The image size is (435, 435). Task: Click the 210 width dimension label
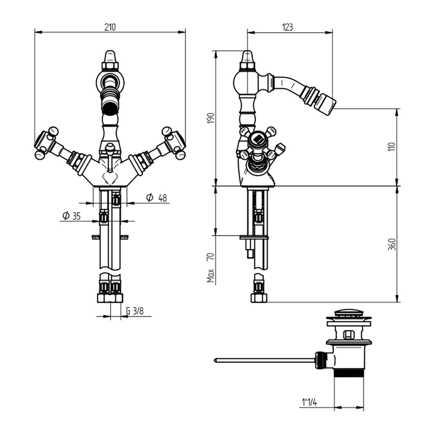coord(110,27)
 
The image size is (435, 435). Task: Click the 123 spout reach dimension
coord(288,27)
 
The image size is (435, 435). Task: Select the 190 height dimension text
coord(211,118)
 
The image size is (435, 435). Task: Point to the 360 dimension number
coord(391,244)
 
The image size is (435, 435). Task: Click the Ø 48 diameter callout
coord(157,198)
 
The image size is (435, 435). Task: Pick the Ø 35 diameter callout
coord(71,215)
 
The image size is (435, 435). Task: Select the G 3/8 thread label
coord(135,311)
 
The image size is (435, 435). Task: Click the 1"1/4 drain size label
coord(309,402)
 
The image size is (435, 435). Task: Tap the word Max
coord(211,275)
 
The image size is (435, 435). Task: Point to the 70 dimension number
coord(211,256)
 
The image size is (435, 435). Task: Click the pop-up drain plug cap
coord(349,314)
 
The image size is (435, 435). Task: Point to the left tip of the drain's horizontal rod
coord(215,360)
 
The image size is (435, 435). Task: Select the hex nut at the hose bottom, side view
coord(258,298)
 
